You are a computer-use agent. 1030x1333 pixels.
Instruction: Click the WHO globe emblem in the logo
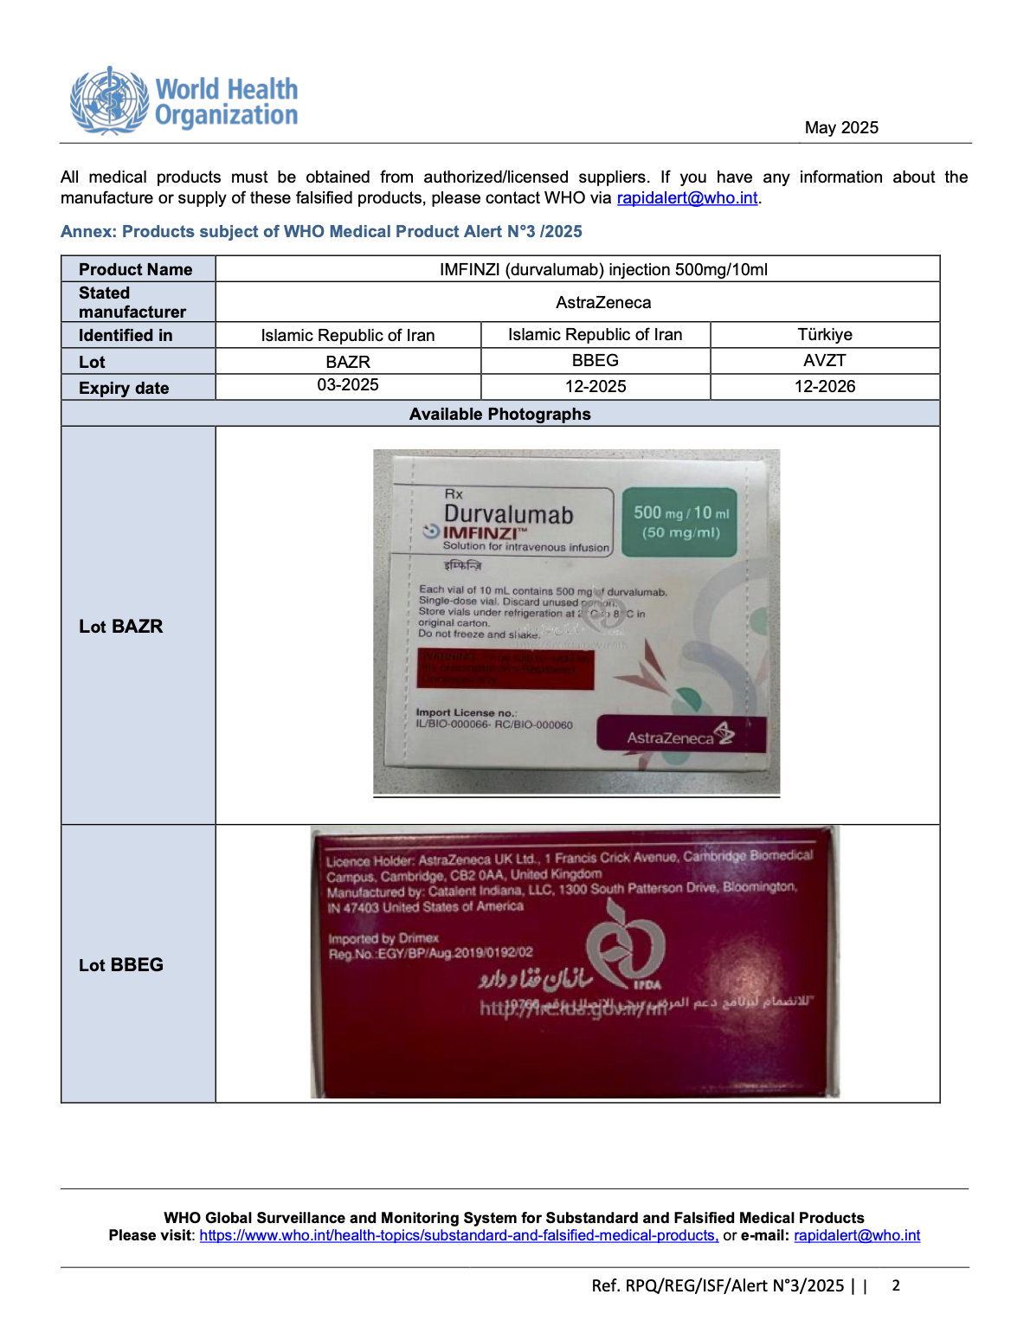click(x=109, y=100)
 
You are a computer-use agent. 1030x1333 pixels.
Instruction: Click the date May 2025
click(x=840, y=127)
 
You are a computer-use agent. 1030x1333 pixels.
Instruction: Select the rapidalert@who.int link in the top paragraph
click(x=687, y=198)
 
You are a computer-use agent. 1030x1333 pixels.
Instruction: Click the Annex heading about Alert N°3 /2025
click(x=321, y=231)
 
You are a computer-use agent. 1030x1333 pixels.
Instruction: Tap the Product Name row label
click(x=136, y=269)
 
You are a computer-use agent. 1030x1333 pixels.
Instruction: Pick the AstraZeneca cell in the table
click(x=603, y=302)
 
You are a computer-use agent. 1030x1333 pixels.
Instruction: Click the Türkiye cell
click(x=824, y=335)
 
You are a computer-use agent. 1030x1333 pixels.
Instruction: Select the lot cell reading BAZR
click(x=348, y=362)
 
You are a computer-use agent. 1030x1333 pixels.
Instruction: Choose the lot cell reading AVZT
click(x=824, y=361)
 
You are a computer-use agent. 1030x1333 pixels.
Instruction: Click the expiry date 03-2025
click(x=348, y=385)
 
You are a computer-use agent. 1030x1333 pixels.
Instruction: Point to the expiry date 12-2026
click(x=824, y=386)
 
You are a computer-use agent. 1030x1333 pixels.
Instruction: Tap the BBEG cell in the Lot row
click(x=595, y=361)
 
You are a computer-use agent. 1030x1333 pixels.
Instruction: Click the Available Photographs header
click(x=499, y=414)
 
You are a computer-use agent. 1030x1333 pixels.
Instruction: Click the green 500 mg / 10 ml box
click(x=680, y=521)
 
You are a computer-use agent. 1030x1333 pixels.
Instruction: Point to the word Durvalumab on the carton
click(x=508, y=514)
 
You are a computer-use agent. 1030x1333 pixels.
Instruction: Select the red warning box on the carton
click(x=505, y=668)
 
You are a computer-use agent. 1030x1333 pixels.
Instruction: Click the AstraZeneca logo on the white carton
click(x=680, y=736)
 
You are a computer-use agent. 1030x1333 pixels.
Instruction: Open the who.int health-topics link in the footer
click(x=459, y=1236)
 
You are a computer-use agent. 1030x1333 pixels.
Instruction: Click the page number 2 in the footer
click(x=896, y=1285)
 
